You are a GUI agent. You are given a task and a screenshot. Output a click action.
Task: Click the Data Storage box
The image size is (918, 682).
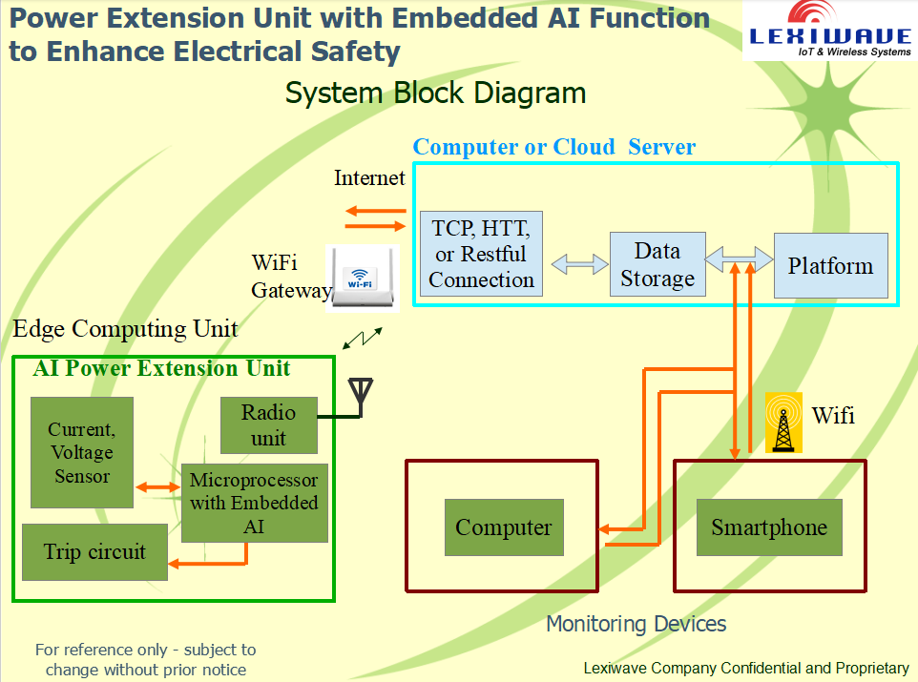pos(657,264)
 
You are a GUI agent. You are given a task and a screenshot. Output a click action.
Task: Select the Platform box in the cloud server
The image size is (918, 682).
pos(831,266)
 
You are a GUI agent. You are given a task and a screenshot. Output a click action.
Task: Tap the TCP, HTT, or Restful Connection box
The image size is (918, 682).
pos(481,254)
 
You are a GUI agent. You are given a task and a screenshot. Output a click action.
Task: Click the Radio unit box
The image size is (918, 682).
pos(269,425)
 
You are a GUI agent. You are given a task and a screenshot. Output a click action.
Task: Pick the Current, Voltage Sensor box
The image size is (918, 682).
pos(82,452)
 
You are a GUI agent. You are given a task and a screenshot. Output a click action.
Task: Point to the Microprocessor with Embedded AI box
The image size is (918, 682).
pos(254,504)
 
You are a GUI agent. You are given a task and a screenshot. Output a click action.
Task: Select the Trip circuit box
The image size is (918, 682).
pos(94,552)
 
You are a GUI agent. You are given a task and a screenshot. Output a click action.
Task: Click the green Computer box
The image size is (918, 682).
pos(504,527)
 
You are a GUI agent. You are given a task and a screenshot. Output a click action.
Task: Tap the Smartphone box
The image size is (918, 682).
pos(769,527)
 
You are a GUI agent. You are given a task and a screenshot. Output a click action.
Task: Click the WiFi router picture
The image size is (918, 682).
pos(363,279)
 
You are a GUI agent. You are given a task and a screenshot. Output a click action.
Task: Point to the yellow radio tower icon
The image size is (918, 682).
pos(783,423)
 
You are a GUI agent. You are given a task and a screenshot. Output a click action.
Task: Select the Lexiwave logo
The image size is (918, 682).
pos(829,30)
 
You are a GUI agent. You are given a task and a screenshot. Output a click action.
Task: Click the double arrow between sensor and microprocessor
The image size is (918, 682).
pos(158,487)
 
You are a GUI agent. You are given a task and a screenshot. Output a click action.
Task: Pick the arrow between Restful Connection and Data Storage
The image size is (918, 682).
pos(579,264)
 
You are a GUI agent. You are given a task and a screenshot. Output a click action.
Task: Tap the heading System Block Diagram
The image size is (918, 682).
pos(435,93)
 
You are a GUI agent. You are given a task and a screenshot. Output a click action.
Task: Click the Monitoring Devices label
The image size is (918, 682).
pos(636,624)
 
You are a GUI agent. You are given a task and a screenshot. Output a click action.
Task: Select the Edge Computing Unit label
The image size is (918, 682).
pos(125,329)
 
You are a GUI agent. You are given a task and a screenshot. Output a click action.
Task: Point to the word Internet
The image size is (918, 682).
pos(369,178)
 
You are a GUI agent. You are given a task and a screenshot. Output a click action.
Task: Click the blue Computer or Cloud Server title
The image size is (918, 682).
pos(554,147)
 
